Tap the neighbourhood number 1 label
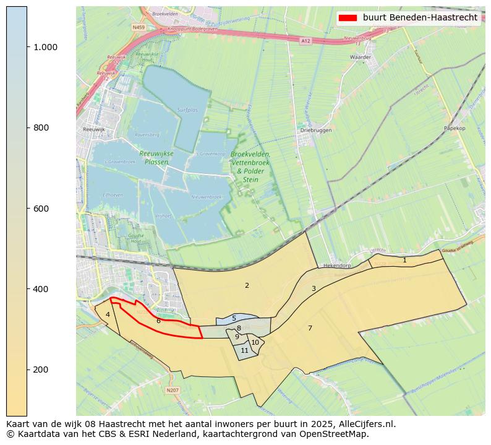click(x=404, y=261)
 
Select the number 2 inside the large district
click(x=247, y=285)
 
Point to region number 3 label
click(x=314, y=288)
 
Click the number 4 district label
click(x=108, y=314)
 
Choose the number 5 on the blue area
click(x=234, y=318)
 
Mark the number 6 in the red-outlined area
click(x=158, y=321)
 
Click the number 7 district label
click(x=310, y=328)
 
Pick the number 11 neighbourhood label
click(x=245, y=350)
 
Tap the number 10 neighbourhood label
click(x=255, y=342)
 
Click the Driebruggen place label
click(x=316, y=131)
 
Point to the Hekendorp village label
click(x=338, y=265)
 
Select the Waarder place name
click(x=360, y=57)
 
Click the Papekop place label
click(x=455, y=129)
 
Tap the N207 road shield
click(x=173, y=391)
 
